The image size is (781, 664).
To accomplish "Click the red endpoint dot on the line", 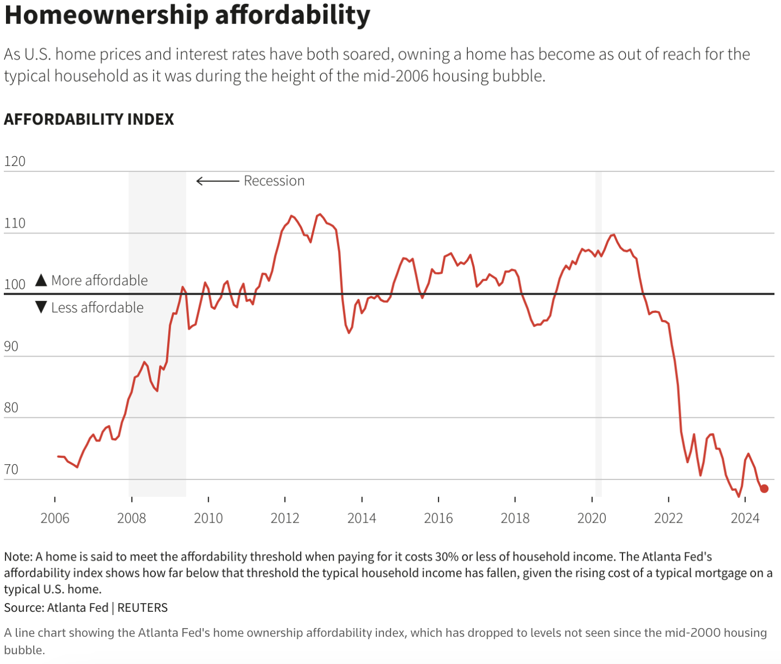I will tap(764, 489).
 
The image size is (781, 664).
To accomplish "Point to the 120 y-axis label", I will tap(15, 161).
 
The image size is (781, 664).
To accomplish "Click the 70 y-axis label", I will tap(11, 469).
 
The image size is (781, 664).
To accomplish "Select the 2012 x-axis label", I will tap(285, 518).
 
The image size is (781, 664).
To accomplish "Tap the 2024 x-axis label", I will tap(745, 518).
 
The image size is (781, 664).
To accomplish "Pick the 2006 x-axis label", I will tap(54, 518).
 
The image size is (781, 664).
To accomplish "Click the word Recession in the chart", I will tap(274, 181).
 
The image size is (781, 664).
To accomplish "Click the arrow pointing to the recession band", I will tap(217, 181).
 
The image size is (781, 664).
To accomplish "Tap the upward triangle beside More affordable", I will tap(41, 280).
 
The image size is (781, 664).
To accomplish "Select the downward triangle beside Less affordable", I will tap(41, 308).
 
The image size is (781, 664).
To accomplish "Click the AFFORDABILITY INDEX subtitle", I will tap(89, 119).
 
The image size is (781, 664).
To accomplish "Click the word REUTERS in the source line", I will tap(143, 607).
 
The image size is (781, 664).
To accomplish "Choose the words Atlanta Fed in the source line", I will tap(78, 607).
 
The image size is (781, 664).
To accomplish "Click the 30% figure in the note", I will tap(447, 557).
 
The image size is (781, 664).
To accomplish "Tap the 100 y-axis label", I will tap(15, 284).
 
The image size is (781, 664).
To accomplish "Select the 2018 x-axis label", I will tap(515, 518).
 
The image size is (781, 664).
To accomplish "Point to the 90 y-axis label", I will tap(11, 346).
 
